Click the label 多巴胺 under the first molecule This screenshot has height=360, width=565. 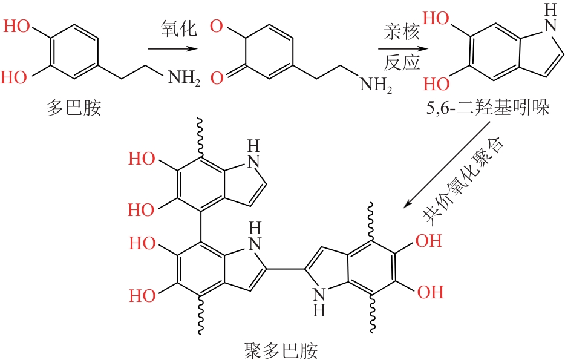[73, 109]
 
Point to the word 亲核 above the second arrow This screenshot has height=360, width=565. [401, 32]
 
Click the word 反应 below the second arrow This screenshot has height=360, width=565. [401, 63]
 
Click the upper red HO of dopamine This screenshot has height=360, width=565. [18, 27]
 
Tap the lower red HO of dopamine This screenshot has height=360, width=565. [18, 77]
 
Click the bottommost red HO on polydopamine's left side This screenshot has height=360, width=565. [141, 295]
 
